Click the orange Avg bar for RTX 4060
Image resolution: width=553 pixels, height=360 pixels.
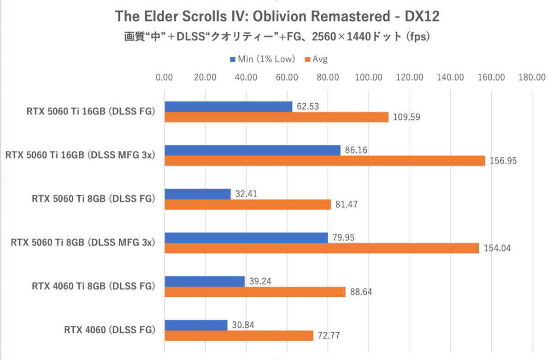(x=239, y=336)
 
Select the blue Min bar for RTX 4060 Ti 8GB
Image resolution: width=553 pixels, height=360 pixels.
(x=205, y=281)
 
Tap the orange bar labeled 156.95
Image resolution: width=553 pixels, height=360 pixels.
(x=325, y=160)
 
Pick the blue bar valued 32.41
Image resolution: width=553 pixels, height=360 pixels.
(x=197, y=194)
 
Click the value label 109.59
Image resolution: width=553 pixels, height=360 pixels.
(x=406, y=117)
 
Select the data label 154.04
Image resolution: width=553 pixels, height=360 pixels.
(x=498, y=248)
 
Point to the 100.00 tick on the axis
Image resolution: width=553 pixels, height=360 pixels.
(x=369, y=77)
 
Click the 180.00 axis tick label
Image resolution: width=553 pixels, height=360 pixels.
(x=532, y=77)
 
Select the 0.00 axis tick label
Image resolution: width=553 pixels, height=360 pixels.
(x=165, y=77)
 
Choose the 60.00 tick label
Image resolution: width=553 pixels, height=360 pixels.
(x=287, y=77)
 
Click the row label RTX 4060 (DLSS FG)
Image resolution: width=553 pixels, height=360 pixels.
(x=109, y=330)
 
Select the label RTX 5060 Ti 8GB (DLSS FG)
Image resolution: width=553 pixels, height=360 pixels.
(x=93, y=199)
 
